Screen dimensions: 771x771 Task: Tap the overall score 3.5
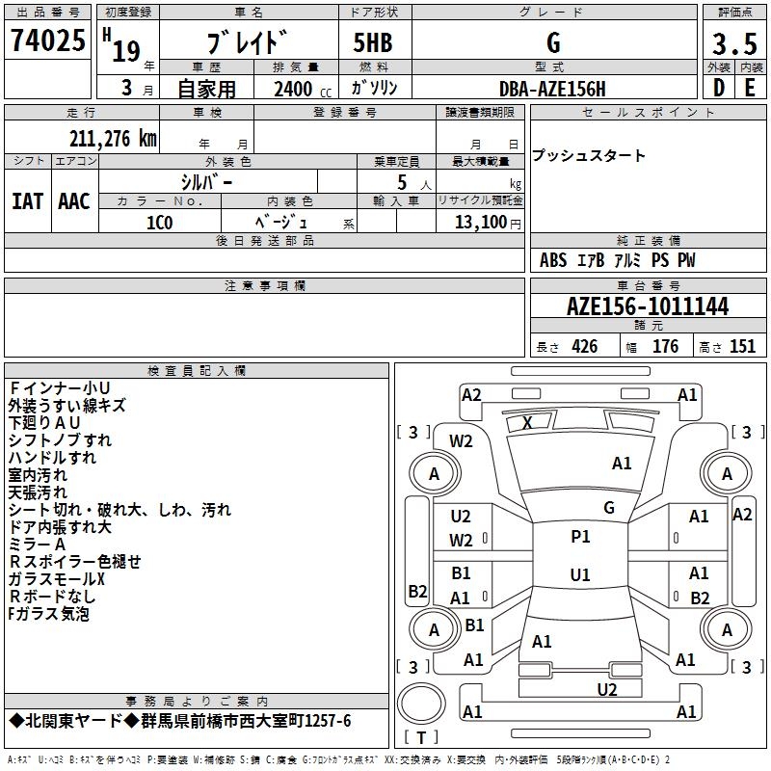[x=733, y=44]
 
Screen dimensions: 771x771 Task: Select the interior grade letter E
[x=750, y=87]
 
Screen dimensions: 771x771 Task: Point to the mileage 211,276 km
[x=112, y=139]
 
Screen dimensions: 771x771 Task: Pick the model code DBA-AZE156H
[x=552, y=89]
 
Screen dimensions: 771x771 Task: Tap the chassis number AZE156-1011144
[x=648, y=307]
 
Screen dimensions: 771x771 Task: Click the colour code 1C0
[x=159, y=223]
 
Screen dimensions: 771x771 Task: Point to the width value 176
[x=665, y=347]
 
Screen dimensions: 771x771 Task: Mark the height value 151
[x=741, y=347]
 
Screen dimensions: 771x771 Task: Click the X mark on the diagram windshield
[x=527, y=422]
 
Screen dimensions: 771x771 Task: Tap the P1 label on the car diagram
[x=580, y=537]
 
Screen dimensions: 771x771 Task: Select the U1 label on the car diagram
[x=580, y=575]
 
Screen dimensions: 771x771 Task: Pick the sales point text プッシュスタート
[x=589, y=156]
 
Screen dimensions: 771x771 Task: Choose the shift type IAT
[x=27, y=201]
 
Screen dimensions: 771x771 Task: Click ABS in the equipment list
[x=553, y=260]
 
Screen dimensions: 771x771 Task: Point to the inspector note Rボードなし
[x=52, y=597]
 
